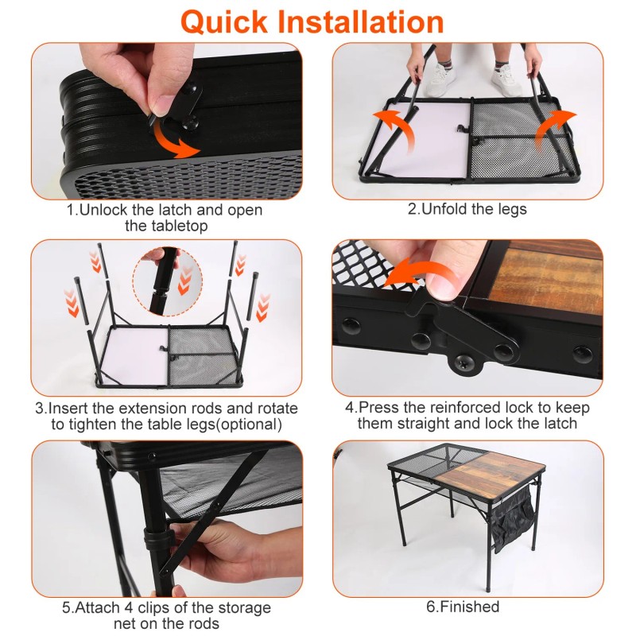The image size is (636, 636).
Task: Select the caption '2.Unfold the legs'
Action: click(467, 210)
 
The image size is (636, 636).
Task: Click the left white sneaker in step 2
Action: click(439, 79)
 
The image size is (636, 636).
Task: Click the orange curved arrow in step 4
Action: click(421, 272)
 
